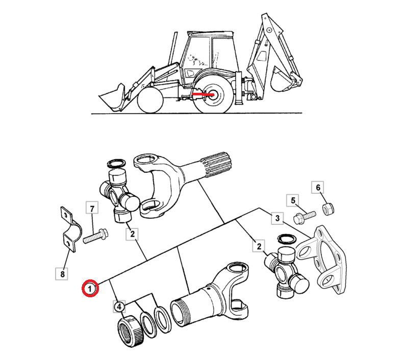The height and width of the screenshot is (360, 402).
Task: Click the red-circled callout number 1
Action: pos(90,289)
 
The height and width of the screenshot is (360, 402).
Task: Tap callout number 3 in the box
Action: pos(278,218)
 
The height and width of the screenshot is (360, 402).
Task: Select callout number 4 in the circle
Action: pos(119,306)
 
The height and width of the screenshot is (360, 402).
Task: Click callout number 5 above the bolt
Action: pos(293,200)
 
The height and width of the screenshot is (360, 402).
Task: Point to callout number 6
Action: pos(318,187)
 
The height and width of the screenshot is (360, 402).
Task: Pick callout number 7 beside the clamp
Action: pos(92,209)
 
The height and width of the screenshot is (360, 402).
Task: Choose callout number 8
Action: pos(62,274)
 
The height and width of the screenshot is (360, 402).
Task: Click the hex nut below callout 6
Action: pos(328,208)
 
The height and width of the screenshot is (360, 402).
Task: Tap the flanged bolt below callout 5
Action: pos(305,217)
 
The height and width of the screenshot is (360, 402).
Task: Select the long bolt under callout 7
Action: pos(95,236)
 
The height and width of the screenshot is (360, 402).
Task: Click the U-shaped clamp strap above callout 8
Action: pos(69,229)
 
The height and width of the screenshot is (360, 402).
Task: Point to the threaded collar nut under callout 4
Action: pos(131,331)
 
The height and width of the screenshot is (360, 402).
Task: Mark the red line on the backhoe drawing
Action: pos(203,94)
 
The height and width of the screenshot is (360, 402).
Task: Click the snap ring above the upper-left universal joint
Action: pos(116,164)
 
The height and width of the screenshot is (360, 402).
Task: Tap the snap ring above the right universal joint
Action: pos(287,239)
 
